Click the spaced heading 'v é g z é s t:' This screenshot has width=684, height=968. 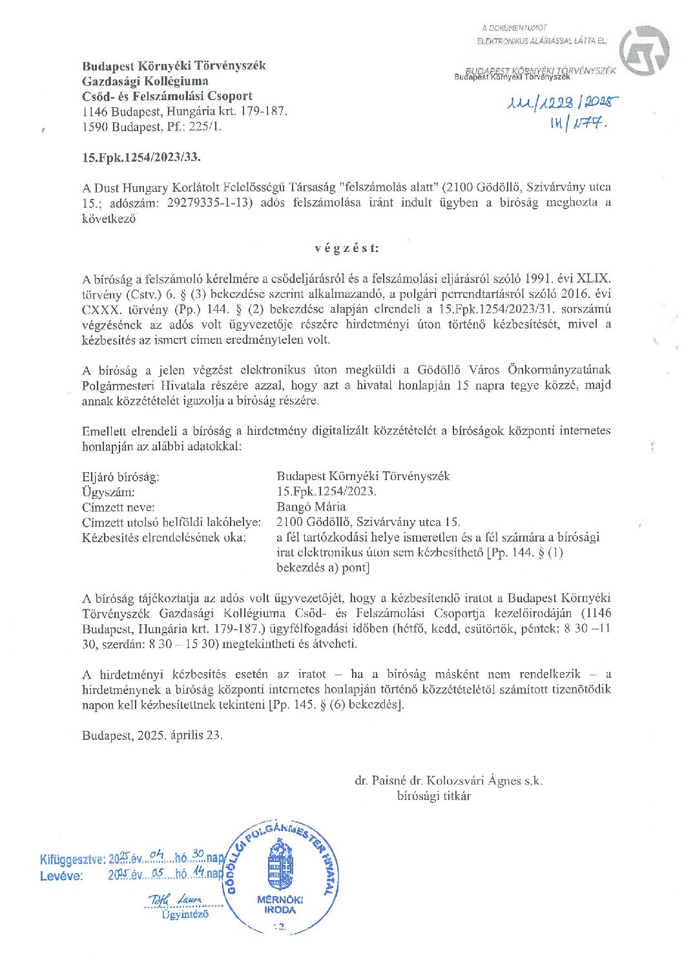(x=347, y=248)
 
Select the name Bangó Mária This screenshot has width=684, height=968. (x=311, y=507)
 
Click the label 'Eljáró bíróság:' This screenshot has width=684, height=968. (x=120, y=477)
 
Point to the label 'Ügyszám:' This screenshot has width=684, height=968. (x=108, y=492)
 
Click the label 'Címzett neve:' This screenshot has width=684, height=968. (x=118, y=507)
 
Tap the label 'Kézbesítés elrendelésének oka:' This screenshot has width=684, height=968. (x=164, y=538)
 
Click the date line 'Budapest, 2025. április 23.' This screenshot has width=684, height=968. (x=152, y=735)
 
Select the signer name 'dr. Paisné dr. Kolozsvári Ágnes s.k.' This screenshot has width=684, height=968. (x=448, y=781)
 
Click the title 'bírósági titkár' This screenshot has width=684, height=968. (x=433, y=796)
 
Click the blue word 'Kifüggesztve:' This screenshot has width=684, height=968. (x=72, y=859)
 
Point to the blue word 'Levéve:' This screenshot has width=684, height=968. (x=61, y=876)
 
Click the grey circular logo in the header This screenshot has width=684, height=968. (x=644, y=52)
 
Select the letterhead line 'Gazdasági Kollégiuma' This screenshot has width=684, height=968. (x=145, y=81)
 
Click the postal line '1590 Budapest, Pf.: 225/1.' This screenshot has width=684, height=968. (x=151, y=127)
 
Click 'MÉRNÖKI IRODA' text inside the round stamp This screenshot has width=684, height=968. (x=280, y=905)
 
